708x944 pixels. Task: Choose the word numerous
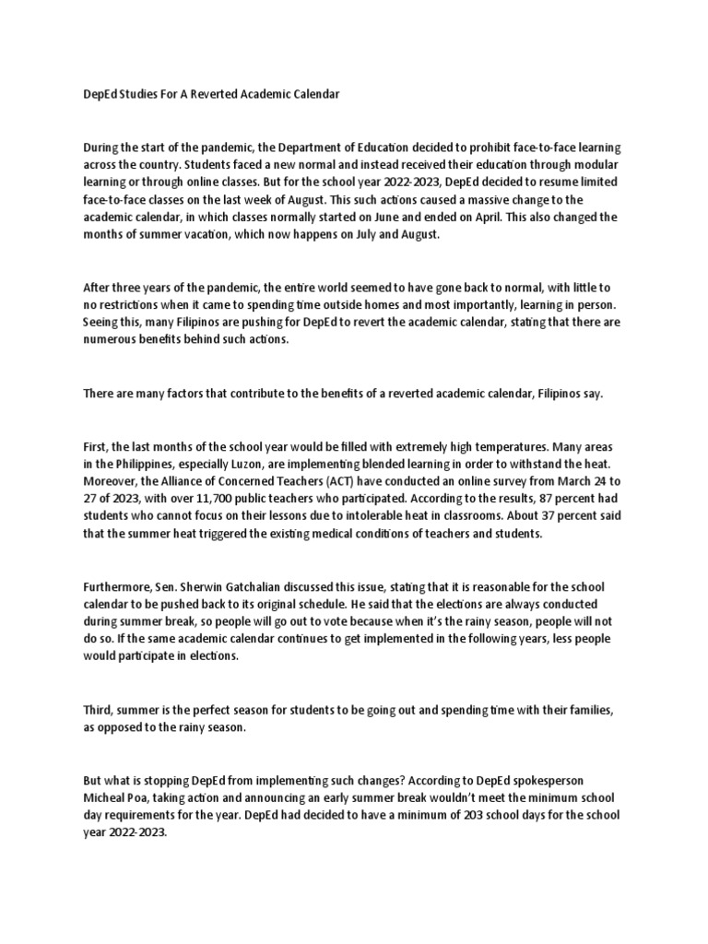click(x=111, y=340)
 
